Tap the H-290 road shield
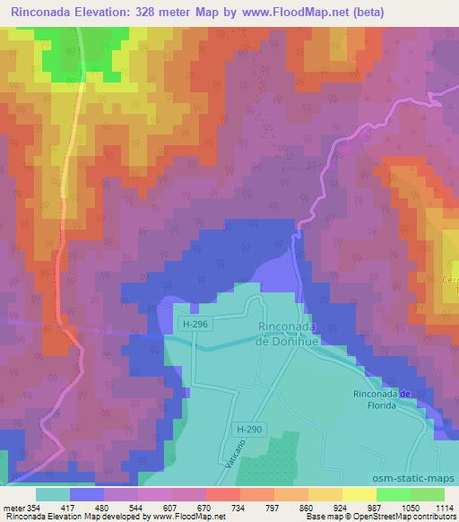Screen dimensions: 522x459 point(250,430)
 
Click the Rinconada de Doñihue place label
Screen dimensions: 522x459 point(288,334)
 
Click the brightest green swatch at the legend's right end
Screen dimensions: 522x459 point(428,494)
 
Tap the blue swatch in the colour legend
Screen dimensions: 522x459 point(87,494)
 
